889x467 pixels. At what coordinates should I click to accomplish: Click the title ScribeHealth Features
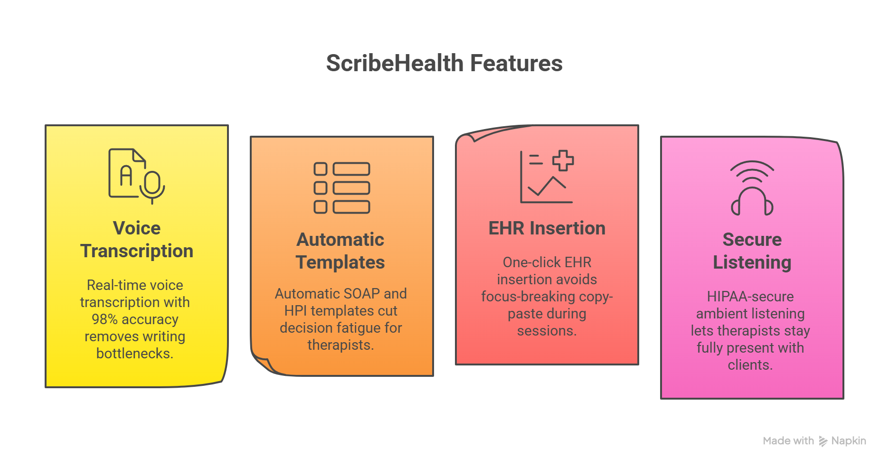444,63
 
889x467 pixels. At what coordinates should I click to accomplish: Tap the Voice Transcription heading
137,240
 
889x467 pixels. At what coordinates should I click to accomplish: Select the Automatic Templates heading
340,251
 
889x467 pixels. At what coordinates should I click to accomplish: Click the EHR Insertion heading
547,228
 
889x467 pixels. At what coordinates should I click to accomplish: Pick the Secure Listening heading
752,251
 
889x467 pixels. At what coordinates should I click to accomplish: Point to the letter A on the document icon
126,176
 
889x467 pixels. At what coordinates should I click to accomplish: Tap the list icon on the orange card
341,188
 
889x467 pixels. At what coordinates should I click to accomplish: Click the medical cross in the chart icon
563,160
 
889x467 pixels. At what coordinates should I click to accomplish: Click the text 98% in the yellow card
104,319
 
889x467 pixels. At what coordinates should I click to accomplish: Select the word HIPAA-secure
750,297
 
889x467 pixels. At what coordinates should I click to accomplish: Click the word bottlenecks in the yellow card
134,354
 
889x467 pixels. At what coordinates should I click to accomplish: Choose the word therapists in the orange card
340,345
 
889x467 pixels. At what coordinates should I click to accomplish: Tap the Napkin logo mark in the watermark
823,441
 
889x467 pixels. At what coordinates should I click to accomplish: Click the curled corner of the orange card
263,364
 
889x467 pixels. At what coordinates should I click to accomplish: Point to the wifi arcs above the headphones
752,171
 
